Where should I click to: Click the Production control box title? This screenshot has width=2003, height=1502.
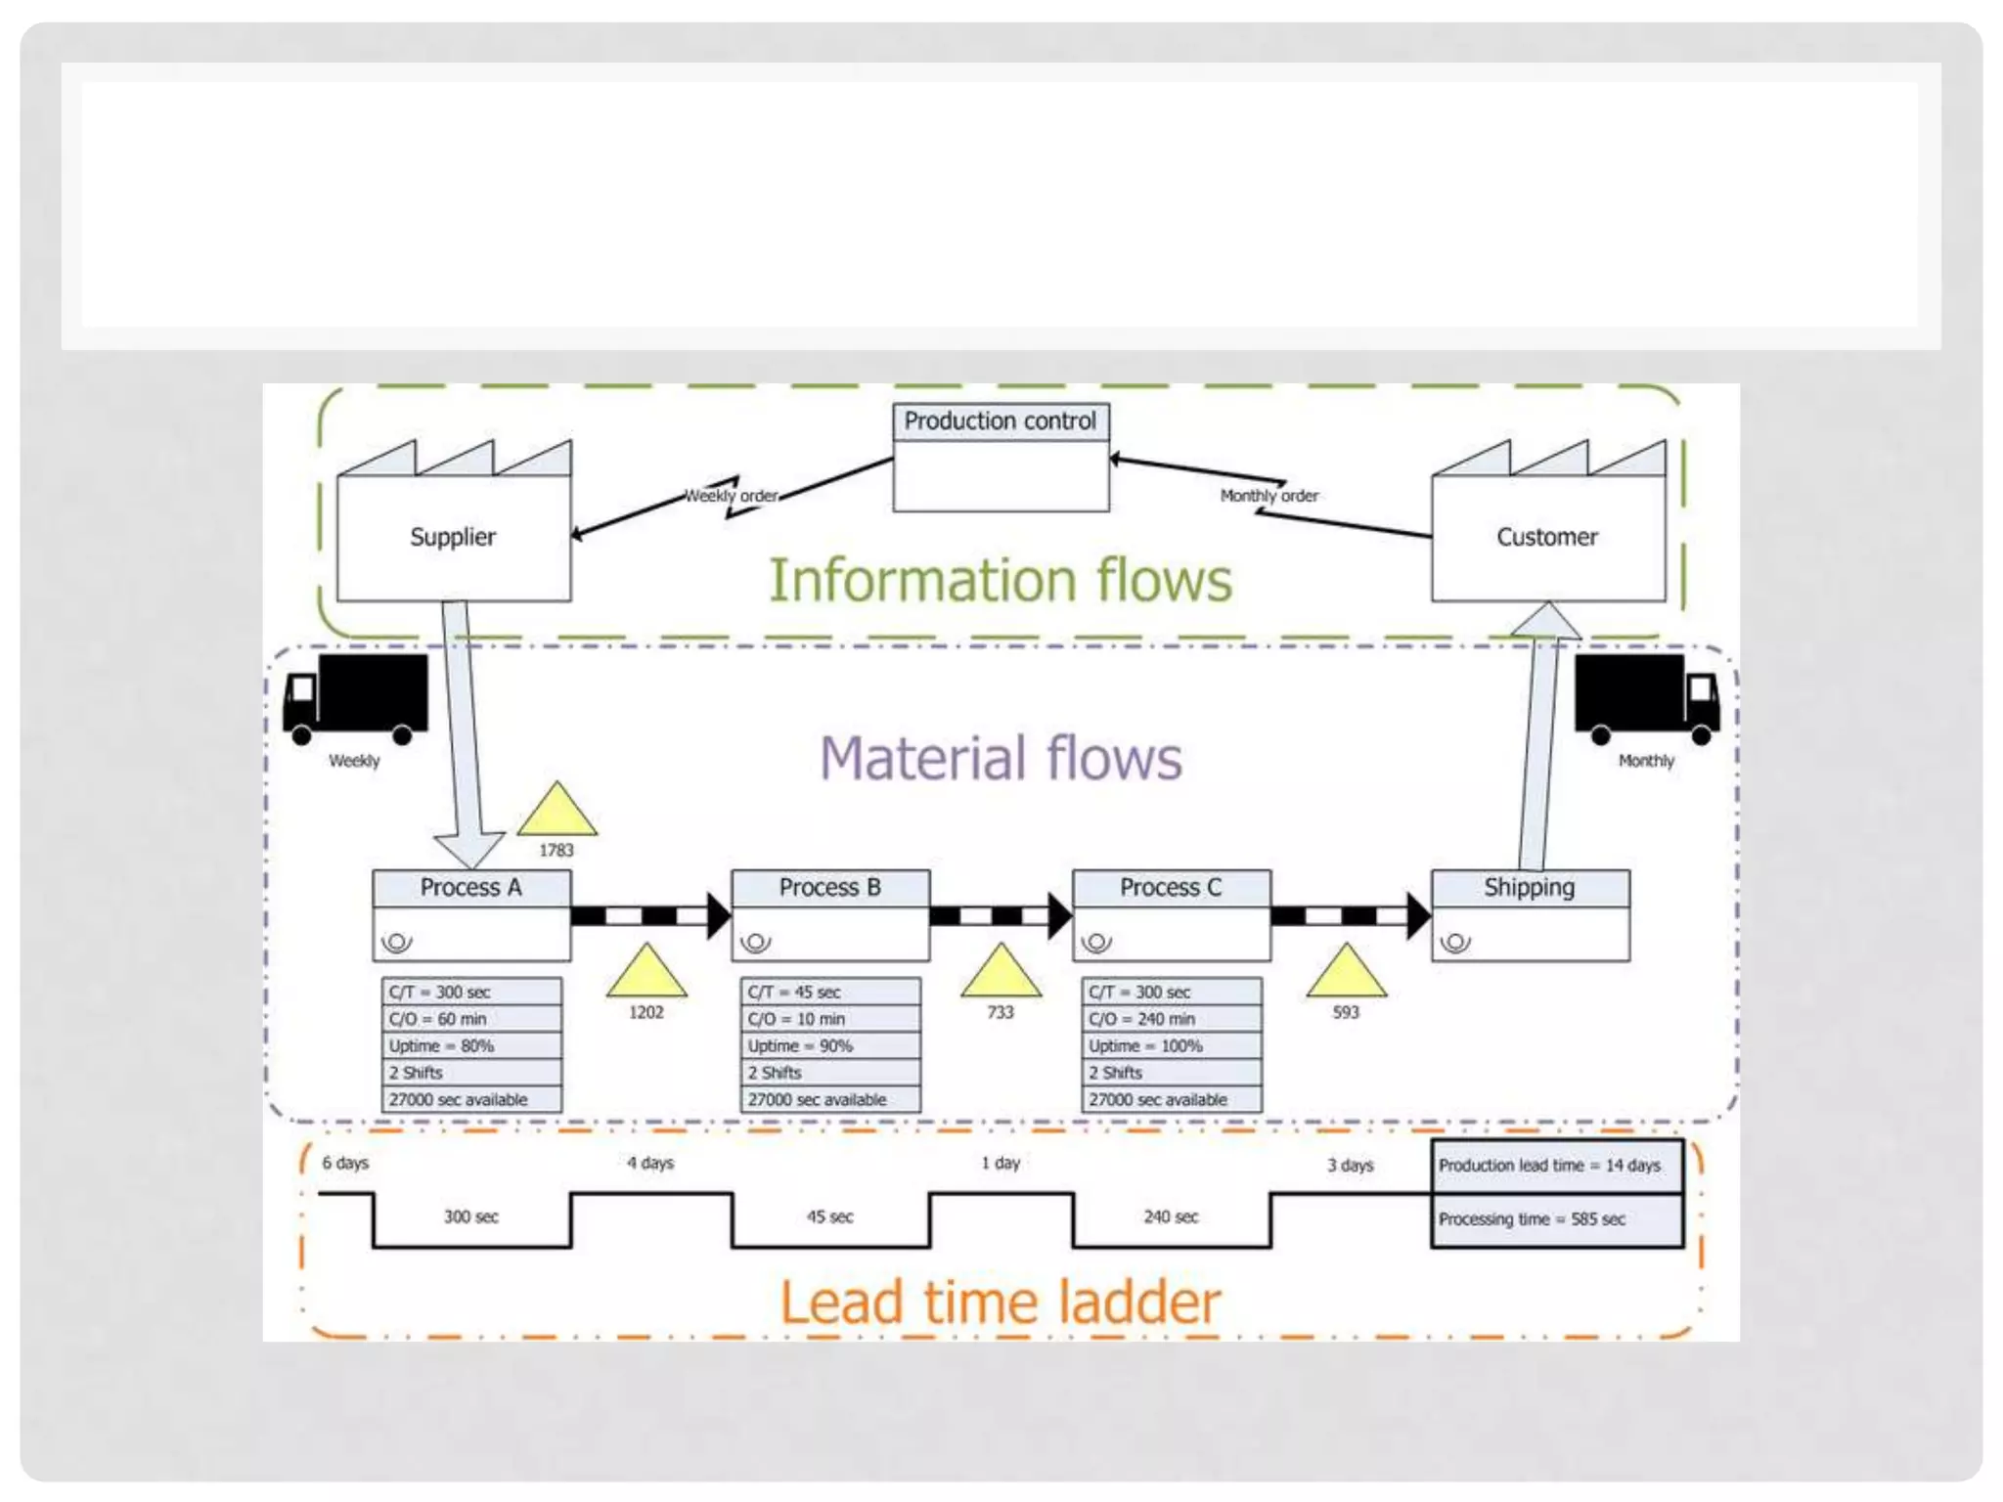pyautogui.click(x=1000, y=421)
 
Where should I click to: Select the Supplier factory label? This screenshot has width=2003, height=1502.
pyautogui.click(x=453, y=537)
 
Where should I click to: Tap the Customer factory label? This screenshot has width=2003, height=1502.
pyautogui.click(x=1546, y=537)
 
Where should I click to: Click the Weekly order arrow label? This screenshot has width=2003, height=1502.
pyautogui.click(x=732, y=496)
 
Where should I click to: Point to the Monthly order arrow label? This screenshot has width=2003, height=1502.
pyautogui.click(x=1269, y=496)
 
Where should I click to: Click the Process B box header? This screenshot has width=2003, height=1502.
pyautogui.click(x=829, y=888)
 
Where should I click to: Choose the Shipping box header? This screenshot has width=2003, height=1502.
pyautogui.click(x=1530, y=888)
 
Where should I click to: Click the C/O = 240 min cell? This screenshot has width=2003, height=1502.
pyautogui.click(x=1170, y=1019)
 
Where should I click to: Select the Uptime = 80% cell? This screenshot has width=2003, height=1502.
pyautogui.click(x=470, y=1046)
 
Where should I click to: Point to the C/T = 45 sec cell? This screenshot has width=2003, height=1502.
pyautogui.click(x=829, y=993)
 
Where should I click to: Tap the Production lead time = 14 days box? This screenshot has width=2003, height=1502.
pyautogui.click(x=1556, y=1166)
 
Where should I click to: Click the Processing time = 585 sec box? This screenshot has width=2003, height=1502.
pyautogui.click(x=1556, y=1219)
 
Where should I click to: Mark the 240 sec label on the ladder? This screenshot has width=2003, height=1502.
pyautogui.click(x=1171, y=1217)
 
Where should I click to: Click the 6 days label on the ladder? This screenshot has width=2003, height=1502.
pyautogui.click(x=345, y=1163)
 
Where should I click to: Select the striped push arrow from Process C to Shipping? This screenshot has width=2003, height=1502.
pyautogui.click(x=1350, y=916)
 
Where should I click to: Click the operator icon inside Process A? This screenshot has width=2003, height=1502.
pyautogui.click(x=397, y=943)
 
